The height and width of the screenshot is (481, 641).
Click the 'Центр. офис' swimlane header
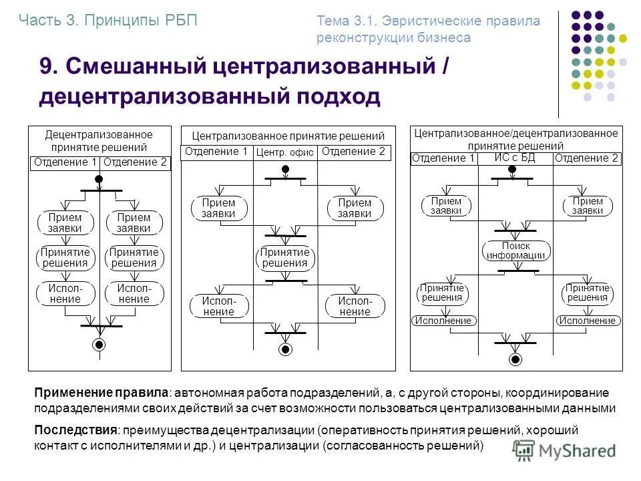(x=285, y=153)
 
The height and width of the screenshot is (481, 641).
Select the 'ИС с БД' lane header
(x=515, y=158)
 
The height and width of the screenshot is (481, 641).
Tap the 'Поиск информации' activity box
(x=515, y=251)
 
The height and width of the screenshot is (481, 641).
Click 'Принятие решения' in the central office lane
(x=285, y=257)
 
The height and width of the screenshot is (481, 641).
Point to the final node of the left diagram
(x=99, y=345)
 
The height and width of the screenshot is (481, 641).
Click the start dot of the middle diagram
(x=285, y=169)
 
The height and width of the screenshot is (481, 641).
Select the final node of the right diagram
(x=515, y=359)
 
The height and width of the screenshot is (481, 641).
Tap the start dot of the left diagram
(x=99, y=179)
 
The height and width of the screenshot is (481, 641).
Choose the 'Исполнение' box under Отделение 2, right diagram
(x=587, y=321)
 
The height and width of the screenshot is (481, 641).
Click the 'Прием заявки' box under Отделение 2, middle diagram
(x=355, y=208)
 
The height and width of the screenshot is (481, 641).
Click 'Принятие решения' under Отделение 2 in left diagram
(x=134, y=257)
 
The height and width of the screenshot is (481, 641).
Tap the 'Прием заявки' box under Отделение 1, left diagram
(x=65, y=222)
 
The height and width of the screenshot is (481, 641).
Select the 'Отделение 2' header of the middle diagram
(x=353, y=152)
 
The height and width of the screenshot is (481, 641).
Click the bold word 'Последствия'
(x=76, y=430)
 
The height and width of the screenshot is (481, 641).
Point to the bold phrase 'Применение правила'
(x=100, y=393)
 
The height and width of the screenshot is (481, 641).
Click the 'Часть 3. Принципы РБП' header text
(x=108, y=20)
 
